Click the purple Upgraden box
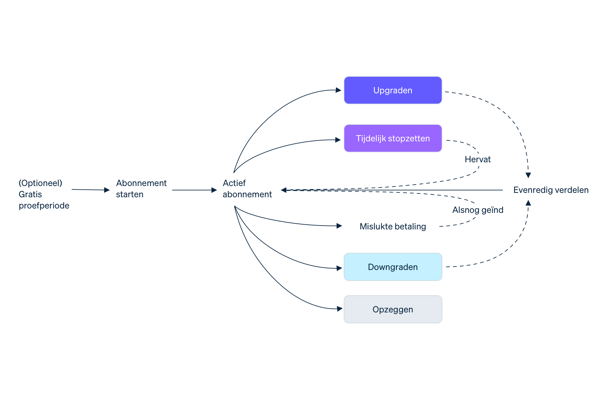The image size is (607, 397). (x=393, y=90)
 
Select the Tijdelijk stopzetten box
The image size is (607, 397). (x=393, y=138)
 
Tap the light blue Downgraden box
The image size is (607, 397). (x=393, y=267)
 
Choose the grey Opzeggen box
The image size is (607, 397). (x=393, y=309)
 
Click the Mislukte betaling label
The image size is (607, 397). (x=392, y=226)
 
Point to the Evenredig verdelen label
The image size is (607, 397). (x=551, y=190)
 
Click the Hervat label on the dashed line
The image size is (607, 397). (x=478, y=159)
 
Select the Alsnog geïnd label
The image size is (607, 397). (x=478, y=210)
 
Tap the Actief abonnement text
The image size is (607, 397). (x=247, y=189)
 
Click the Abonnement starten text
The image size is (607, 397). (x=141, y=189)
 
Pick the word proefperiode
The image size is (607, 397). (x=44, y=205)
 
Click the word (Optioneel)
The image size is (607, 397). (x=40, y=183)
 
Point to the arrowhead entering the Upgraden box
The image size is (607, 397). (x=338, y=90)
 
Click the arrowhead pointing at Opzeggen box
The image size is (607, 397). (x=340, y=309)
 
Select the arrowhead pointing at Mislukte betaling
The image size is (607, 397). (x=339, y=226)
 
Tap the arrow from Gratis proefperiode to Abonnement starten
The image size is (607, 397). (x=90, y=190)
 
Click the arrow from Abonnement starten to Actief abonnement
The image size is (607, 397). (x=194, y=190)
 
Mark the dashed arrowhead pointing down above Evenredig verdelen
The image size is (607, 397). (x=528, y=175)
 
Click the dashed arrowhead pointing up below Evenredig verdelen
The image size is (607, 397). (x=528, y=203)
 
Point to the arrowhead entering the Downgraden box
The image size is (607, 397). (x=339, y=268)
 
